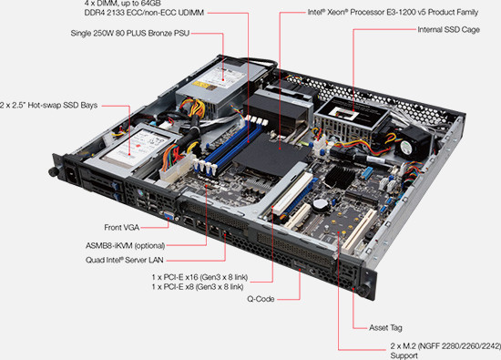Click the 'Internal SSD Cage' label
point(448,30)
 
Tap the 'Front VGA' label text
point(122,227)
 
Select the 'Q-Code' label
point(261,299)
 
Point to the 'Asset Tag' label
point(385,328)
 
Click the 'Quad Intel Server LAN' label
point(125,260)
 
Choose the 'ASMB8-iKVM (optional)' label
point(126,246)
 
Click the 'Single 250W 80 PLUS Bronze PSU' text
point(130,33)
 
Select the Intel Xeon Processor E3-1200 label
point(393,12)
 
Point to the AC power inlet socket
point(72,175)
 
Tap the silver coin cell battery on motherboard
point(320,204)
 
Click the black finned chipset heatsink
point(340,177)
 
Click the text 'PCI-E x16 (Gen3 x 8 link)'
point(199,277)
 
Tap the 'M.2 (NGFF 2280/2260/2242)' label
point(445,346)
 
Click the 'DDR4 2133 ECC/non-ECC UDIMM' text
point(144,13)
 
